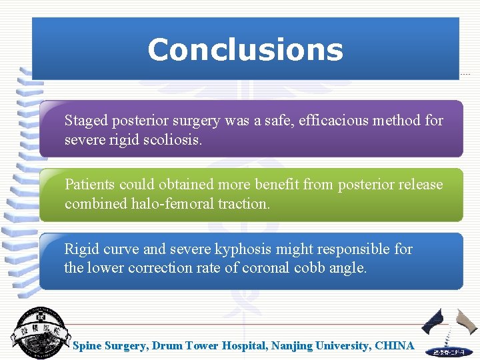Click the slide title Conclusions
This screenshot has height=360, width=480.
coord(245,50)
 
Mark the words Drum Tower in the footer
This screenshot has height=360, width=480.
coord(179,346)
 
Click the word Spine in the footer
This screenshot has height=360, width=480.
coord(87,346)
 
